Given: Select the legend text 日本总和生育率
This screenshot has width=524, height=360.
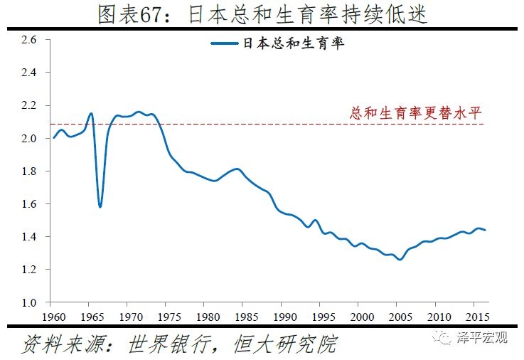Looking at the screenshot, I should pyautogui.click(x=293, y=44).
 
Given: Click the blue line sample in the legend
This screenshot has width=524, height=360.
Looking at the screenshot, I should pyautogui.click(x=225, y=44).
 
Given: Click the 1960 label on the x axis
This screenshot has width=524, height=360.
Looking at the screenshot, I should pyautogui.click(x=52, y=316).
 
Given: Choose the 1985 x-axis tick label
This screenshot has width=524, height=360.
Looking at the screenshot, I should pyautogui.click(x=245, y=316).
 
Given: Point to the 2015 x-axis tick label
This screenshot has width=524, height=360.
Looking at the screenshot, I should pyautogui.click(x=478, y=316).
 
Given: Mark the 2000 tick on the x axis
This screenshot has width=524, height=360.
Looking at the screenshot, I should pyautogui.click(x=362, y=316).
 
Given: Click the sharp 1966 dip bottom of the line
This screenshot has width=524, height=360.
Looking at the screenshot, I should pyautogui.click(x=100, y=206).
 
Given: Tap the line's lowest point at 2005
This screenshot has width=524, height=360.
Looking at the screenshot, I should pyautogui.click(x=400, y=260).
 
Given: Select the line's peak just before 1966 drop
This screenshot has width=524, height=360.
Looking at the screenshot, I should pyautogui.click(x=91, y=113).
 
